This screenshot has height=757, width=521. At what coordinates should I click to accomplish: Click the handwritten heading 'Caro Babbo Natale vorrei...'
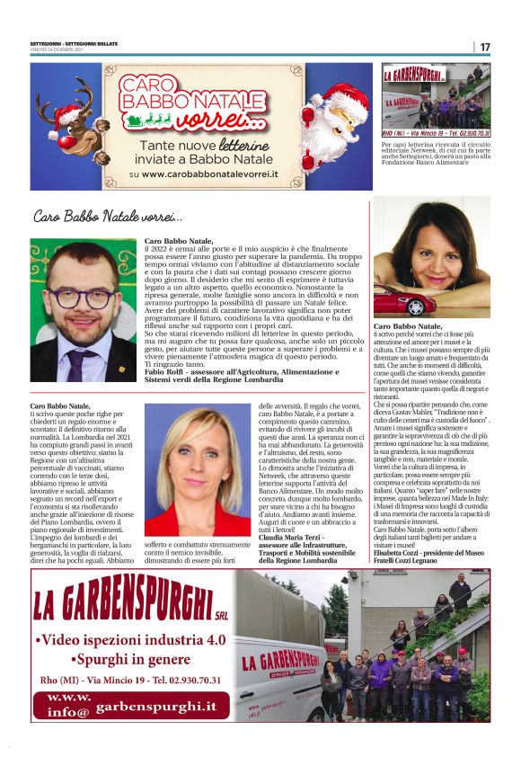tap(108, 217)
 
